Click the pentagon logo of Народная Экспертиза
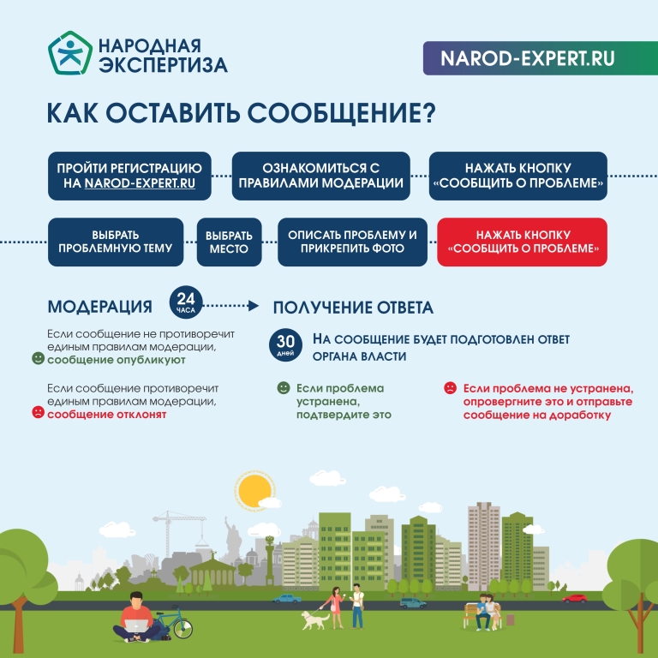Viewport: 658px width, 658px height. [x=70, y=53]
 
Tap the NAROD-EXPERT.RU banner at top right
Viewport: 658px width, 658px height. [x=540, y=58]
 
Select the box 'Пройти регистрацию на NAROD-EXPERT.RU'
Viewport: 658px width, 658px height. [x=129, y=176]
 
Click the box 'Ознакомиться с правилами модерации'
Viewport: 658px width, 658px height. [x=321, y=176]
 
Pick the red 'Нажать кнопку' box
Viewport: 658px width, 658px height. [x=522, y=242]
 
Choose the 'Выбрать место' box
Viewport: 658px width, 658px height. [x=229, y=242]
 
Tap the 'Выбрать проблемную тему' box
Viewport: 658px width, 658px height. [x=116, y=242]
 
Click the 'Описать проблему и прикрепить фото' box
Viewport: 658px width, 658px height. [x=352, y=242]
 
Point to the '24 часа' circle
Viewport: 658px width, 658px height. [x=186, y=302]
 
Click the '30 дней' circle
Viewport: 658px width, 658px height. [x=285, y=344]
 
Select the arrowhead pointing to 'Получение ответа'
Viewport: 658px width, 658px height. [x=253, y=306]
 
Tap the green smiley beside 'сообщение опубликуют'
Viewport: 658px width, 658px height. [x=39, y=358]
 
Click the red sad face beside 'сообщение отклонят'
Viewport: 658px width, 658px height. [x=39, y=412]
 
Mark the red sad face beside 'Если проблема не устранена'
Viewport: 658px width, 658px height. [x=451, y=387]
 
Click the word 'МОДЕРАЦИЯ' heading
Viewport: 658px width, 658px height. [x=100, y=307]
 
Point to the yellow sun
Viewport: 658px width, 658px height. [x=254, y=491]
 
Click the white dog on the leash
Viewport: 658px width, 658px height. [x=315, y=619]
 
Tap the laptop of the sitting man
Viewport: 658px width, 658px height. [x=137, y=625]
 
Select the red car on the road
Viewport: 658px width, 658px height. [x=575, y=598]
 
